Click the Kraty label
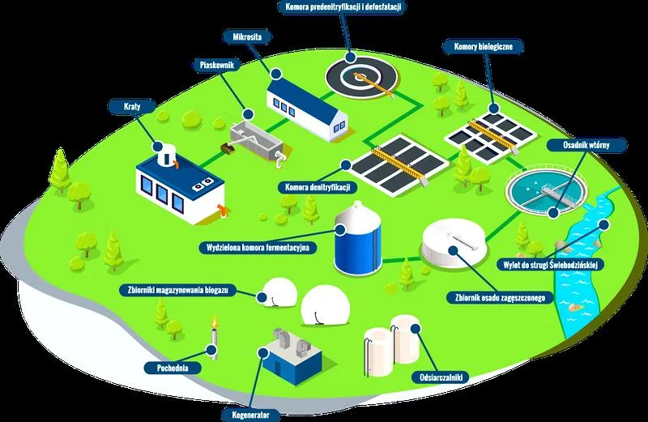coord(132,107)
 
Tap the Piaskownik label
coord(216,65)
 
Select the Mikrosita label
coord(247,36)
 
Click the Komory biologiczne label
coord(483,46)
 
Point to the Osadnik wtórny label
coord(586,145)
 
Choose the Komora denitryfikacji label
coord(318,187)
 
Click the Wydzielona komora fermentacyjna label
coord(258,248)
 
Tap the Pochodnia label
coord(173,368)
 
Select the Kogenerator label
coord(250,415)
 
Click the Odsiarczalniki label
coord(438,377)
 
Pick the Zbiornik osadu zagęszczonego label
coord(500,297)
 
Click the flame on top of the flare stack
coord(215,321)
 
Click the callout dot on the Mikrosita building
coord(276,74)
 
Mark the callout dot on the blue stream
coord(604,225)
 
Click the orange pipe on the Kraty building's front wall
coord(222,210)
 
